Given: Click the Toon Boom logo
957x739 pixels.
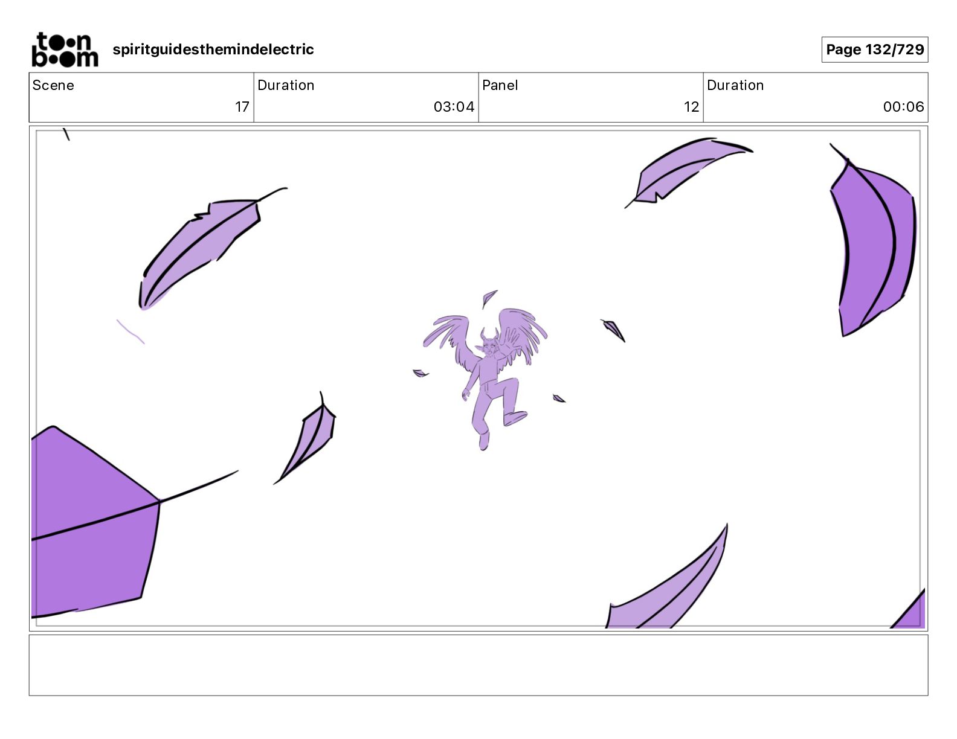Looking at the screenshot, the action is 65,50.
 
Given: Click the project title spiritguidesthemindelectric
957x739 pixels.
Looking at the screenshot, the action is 213,50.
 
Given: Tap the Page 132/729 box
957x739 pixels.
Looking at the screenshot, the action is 875,50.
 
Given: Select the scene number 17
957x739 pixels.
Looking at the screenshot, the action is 242,106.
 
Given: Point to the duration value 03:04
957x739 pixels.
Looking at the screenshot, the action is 454,106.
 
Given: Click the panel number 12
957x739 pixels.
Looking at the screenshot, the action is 691,106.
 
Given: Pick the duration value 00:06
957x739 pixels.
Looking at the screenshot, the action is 903,106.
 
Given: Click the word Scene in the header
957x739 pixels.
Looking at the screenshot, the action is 53,85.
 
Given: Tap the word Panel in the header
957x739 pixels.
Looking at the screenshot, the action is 500,85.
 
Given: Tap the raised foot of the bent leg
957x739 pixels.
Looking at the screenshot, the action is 515,418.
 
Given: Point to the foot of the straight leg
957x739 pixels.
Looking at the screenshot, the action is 483,441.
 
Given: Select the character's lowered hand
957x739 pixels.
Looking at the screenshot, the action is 465,394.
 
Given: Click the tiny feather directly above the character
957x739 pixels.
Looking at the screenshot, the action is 488,298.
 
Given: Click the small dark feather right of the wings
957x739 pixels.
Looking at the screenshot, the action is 613,330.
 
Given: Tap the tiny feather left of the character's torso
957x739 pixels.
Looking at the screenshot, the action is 420,373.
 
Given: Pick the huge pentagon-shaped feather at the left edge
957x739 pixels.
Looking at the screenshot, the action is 94,522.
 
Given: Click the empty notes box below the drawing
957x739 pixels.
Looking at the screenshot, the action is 478,665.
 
